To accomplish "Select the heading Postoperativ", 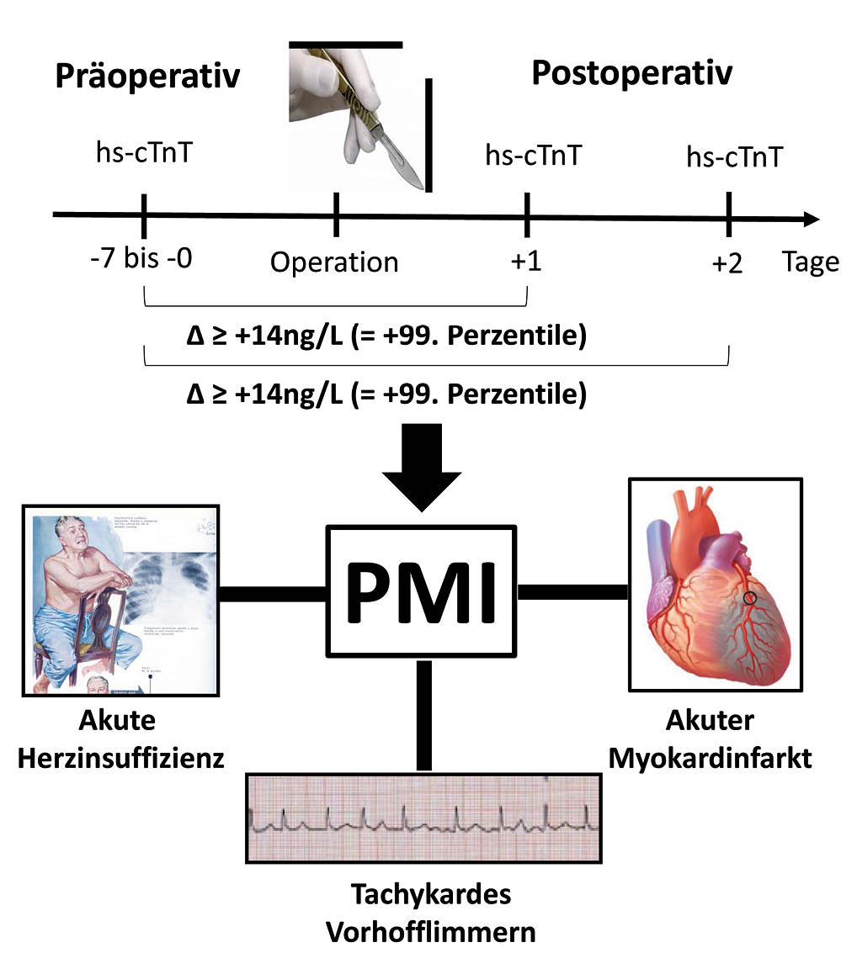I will coord(631,73).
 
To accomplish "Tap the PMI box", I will coord(421,591).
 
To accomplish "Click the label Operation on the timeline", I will coord(334,262).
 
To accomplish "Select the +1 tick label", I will coord(526,262).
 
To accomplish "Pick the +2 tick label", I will coord(727,263).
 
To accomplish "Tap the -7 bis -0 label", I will coord(141,257).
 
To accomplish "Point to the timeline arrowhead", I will coord(810,219).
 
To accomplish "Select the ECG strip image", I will coord(423,817).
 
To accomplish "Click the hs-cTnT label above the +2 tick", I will coord(734,156).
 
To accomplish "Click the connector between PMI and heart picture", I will coord(572,592).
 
